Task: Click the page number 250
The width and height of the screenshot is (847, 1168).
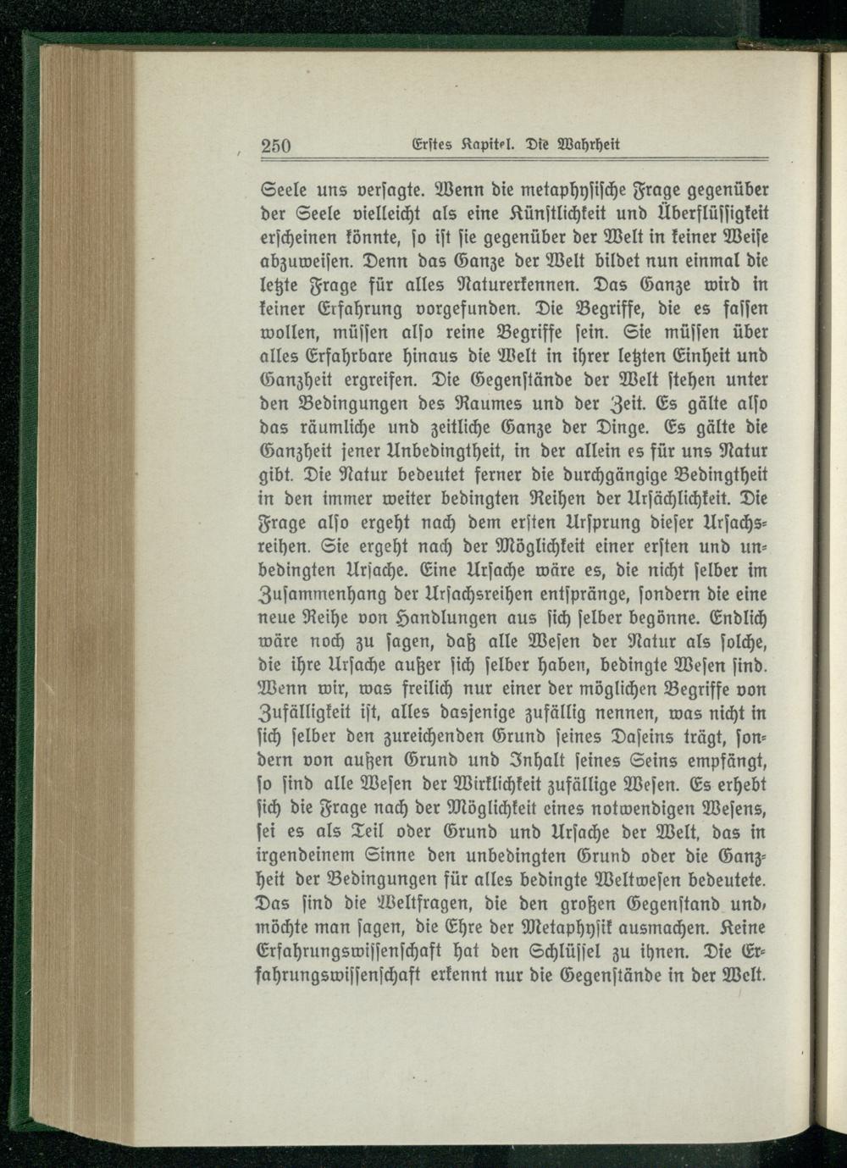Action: [276, 146]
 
